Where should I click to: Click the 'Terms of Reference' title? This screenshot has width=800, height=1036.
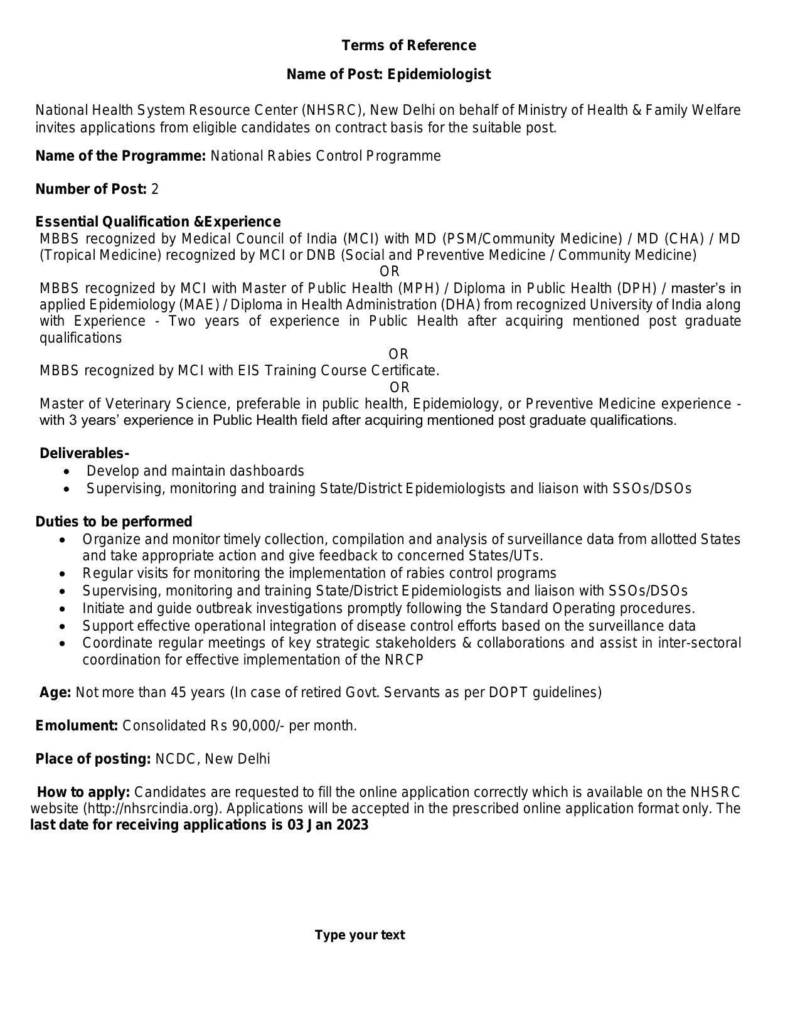click(408, 45)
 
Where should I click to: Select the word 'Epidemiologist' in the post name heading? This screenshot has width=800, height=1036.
click(439, 74)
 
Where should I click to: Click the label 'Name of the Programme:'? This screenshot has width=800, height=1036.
click(120, 156)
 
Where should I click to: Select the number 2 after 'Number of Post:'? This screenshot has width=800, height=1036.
click(155, 189)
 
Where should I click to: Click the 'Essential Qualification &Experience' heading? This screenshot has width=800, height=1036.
click(157, 222)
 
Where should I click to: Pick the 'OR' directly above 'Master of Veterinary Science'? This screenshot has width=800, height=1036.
click(400, 387)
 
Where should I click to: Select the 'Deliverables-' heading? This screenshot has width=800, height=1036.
click(84, 453)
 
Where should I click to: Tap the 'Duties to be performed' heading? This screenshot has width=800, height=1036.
click(114, 521)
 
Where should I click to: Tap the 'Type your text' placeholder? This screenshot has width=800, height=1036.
click(360, 935)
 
